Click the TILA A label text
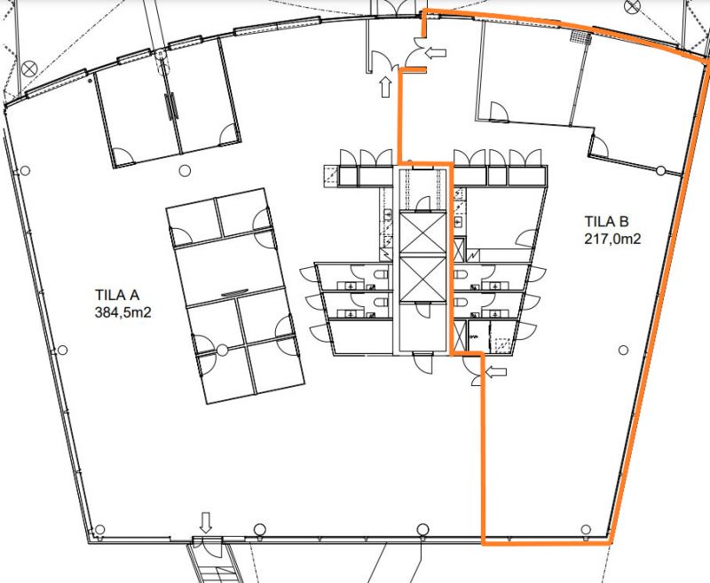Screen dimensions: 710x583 click(117, 295)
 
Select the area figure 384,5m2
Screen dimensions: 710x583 click(122, 312)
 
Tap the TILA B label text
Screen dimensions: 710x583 click(606, 221)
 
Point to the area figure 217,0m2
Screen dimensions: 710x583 click(612, 239)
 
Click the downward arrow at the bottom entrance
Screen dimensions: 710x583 click(206, 523)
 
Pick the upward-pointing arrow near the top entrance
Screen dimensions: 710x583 click(385, 87)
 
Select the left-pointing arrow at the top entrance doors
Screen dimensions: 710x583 click(436, 53)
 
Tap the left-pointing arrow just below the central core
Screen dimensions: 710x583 click(496, 372)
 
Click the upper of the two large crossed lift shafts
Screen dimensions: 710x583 click(423, 233)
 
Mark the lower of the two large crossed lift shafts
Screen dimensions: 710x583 click(423, 279)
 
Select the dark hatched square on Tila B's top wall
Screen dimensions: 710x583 click(581, 36)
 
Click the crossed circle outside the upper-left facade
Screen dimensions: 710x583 click(29, 70)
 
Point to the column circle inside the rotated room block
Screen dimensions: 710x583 click(222, 350)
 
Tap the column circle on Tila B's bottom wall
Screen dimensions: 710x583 click(586, 530)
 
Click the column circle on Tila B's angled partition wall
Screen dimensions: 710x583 click(661, 170)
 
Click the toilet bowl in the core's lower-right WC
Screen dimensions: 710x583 click(461, 302)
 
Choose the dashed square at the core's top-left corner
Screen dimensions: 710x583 click(331, 176)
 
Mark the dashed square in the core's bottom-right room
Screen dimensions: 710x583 click(502, 345)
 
